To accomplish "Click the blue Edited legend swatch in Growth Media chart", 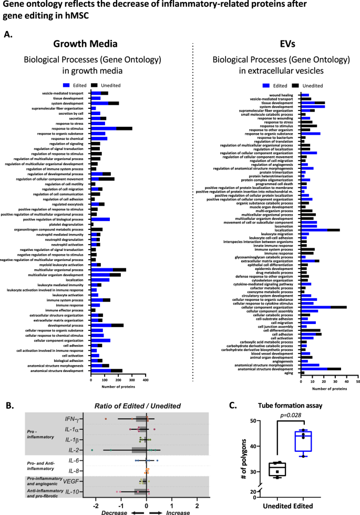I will [x=66, y=84].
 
